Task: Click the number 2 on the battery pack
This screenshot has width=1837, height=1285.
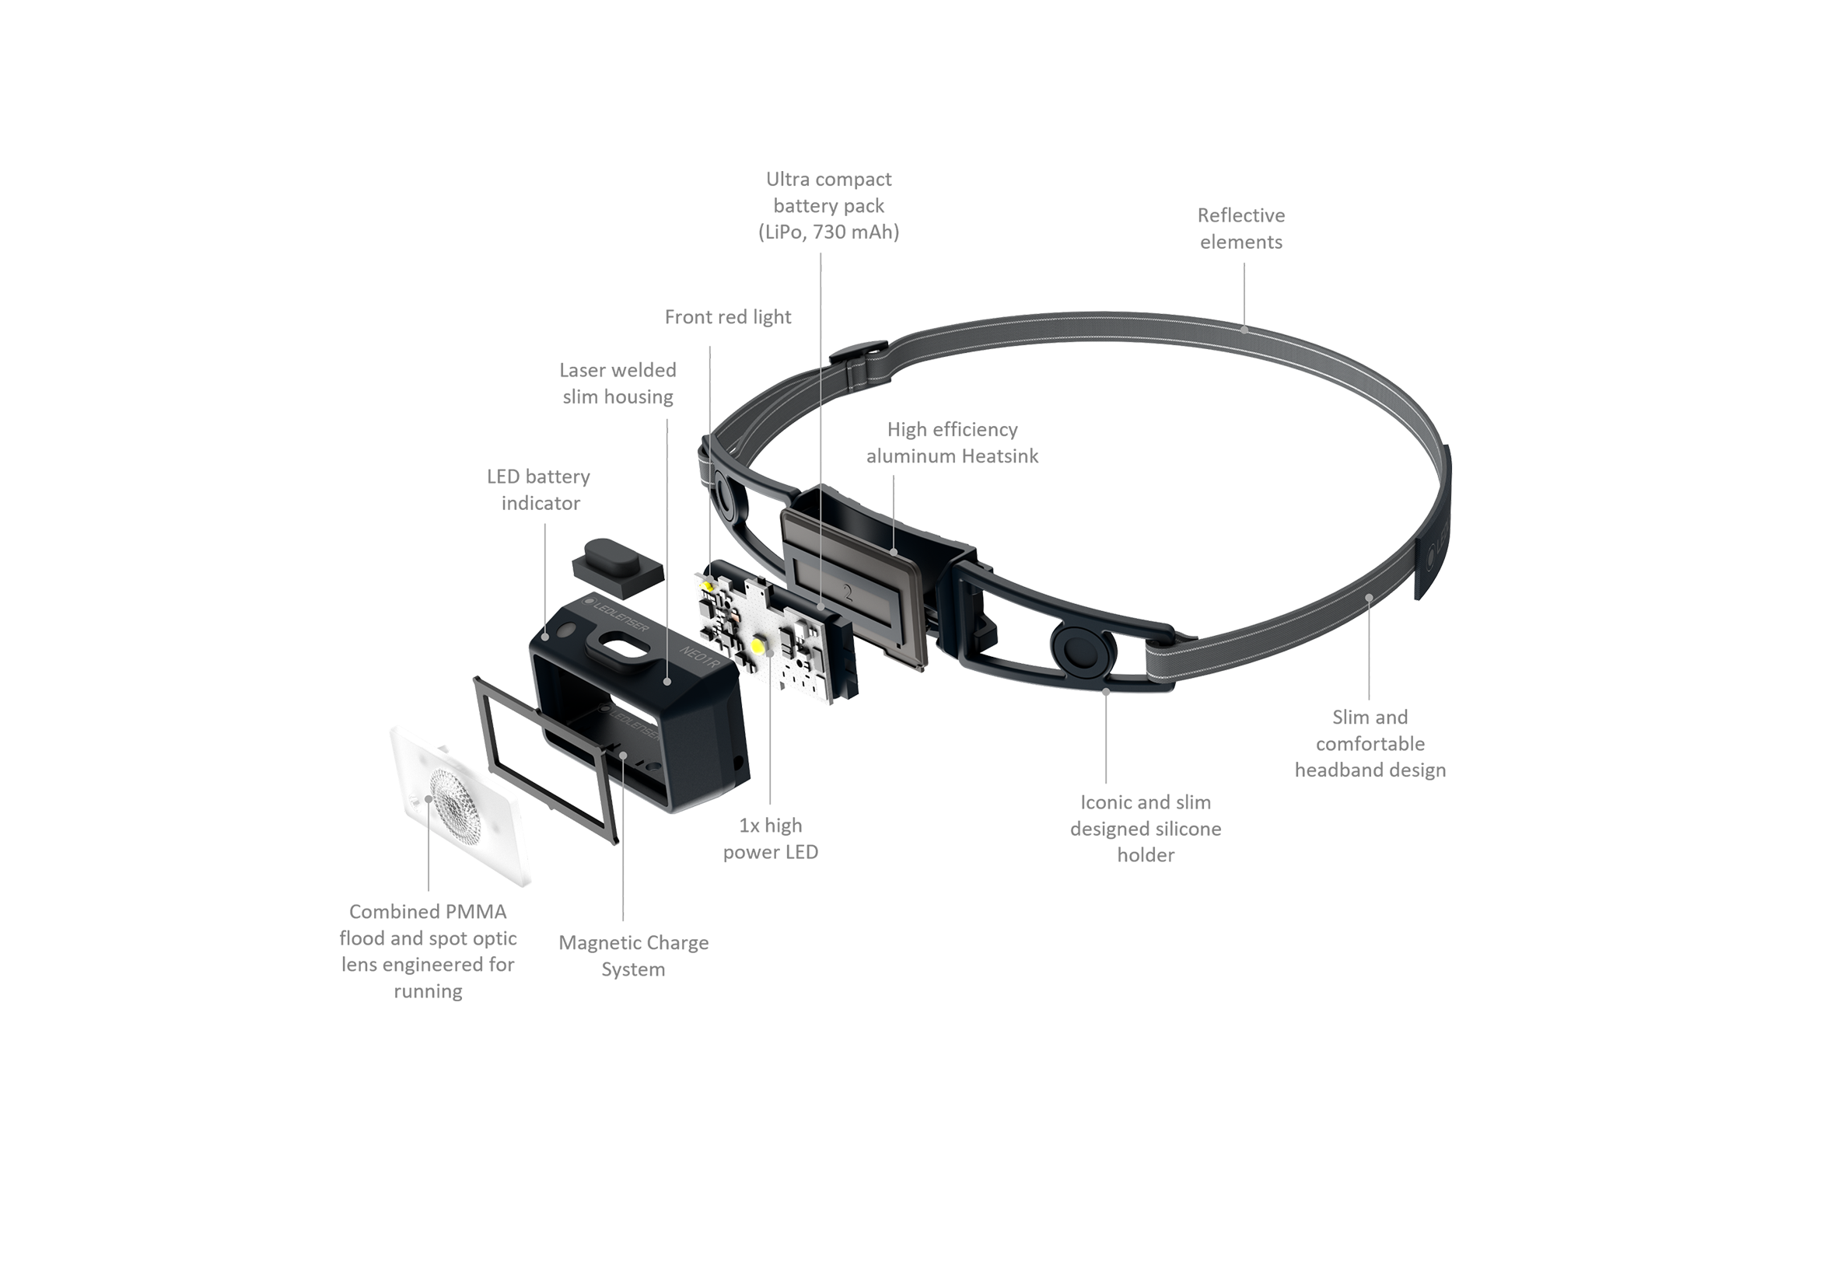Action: coord(846,590)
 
